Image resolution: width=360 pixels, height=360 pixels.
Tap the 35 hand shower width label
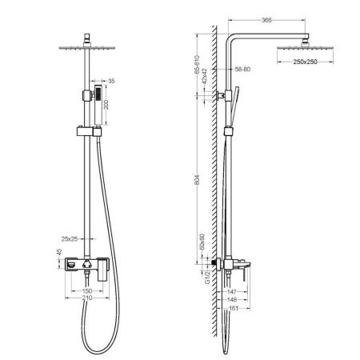[110, 81]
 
